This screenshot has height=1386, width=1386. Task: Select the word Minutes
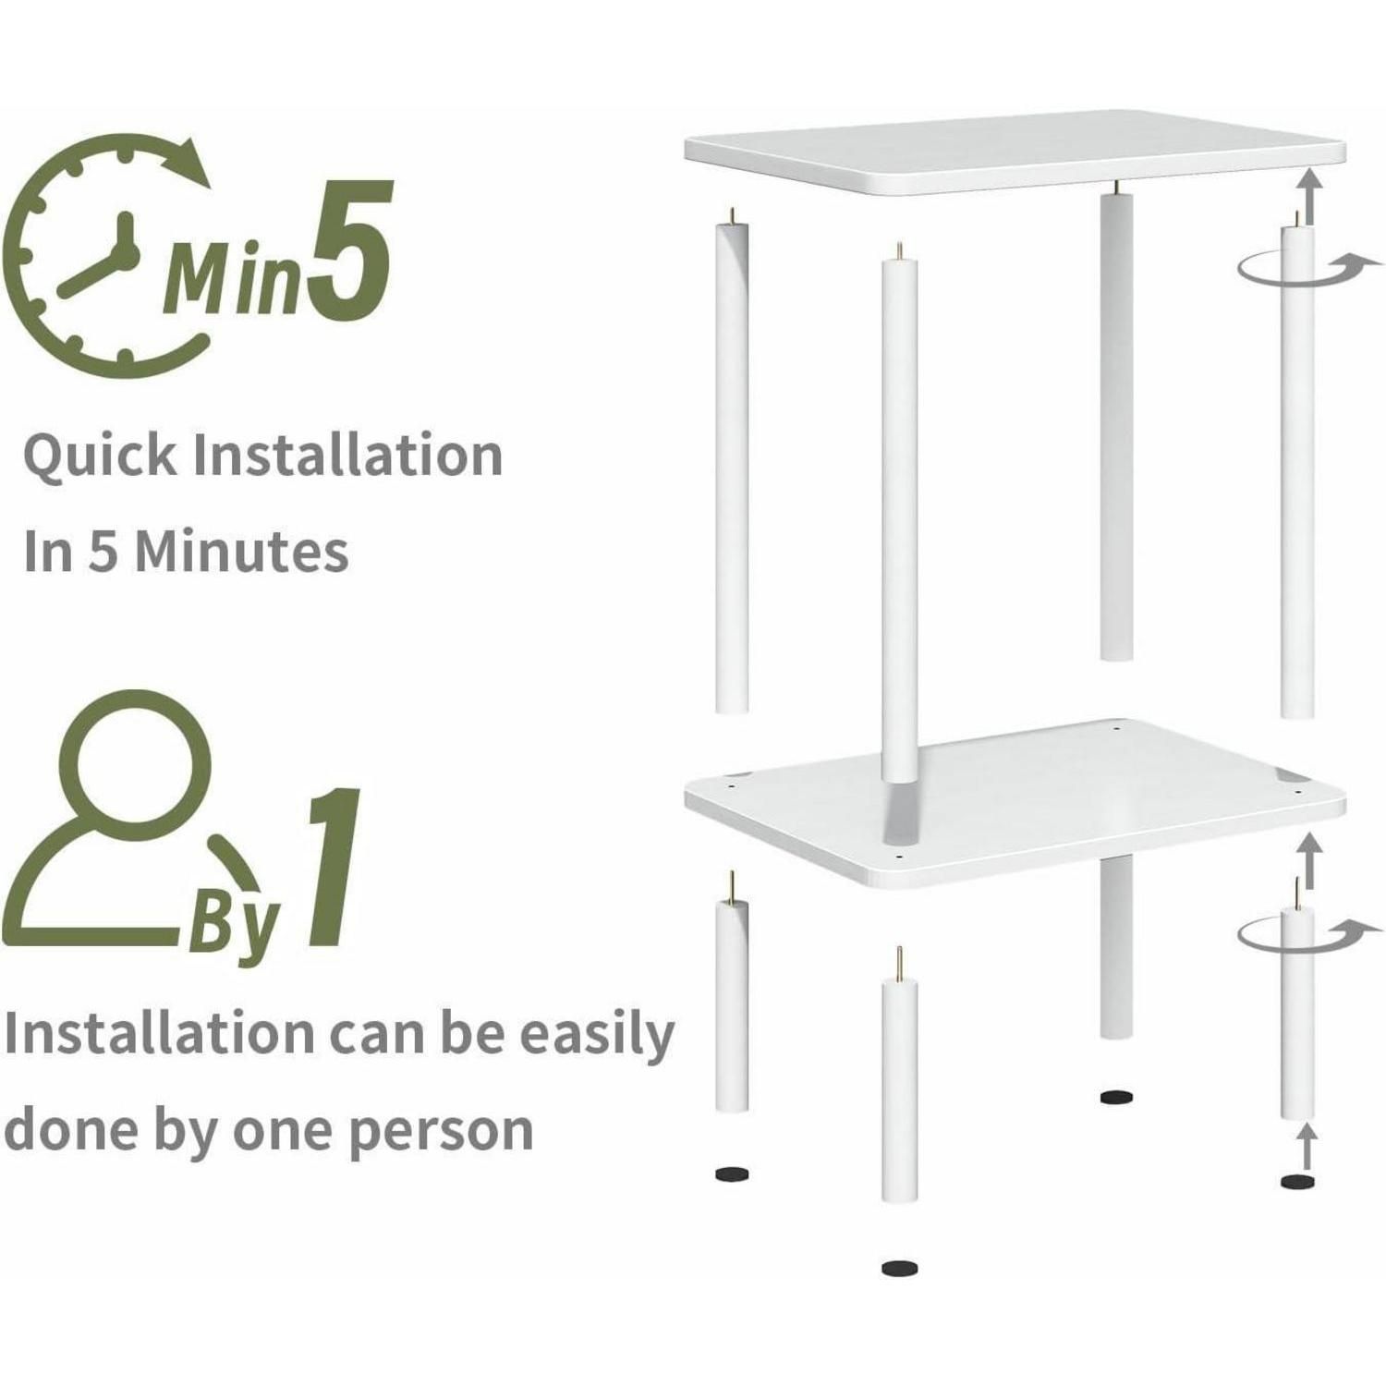pos(242,552)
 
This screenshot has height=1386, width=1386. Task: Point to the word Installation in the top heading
pos(347,455)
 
